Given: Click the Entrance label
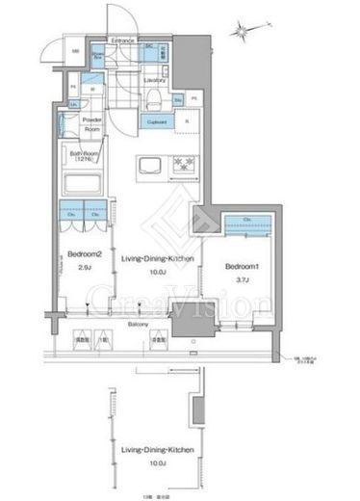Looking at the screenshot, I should coord(122,41).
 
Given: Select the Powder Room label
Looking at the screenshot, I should coord(93,124).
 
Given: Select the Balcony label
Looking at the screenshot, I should coord(142,327).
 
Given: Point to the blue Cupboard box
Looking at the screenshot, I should coord(158,121).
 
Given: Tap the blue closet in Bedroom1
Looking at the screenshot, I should coord(249,224).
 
